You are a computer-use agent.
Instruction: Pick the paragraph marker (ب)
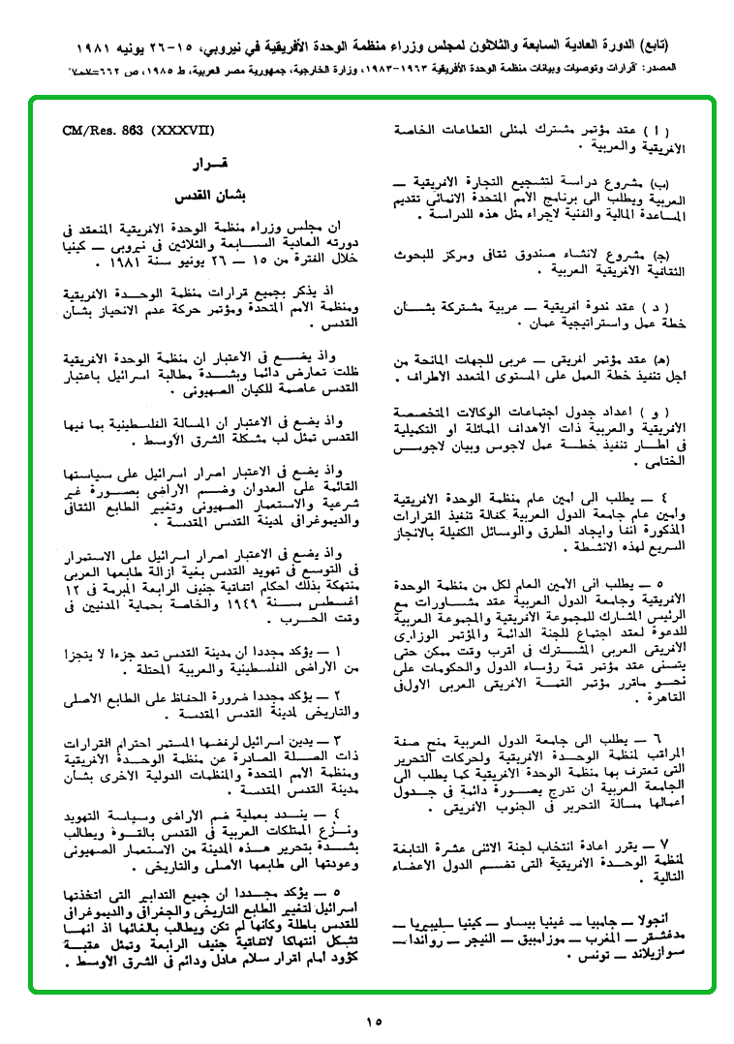[661, 183]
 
